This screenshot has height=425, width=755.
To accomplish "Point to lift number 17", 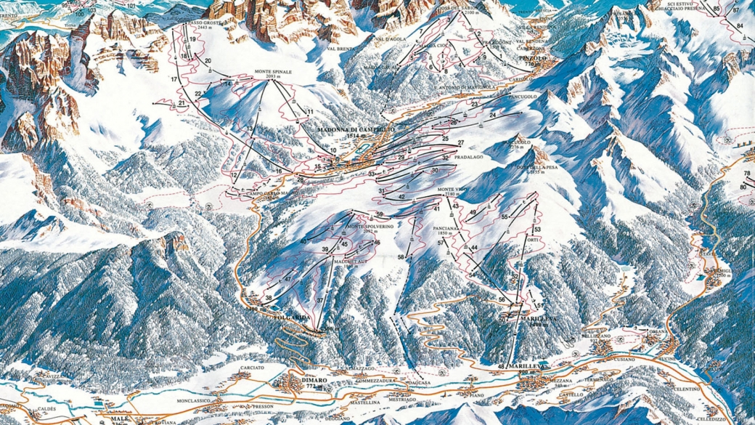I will coord(174,78).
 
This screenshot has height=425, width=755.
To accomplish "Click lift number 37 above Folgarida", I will coord(319,300).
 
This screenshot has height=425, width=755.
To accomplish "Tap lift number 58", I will coord(400,258).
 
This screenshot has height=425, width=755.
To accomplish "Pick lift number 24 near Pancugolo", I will coord(492,116).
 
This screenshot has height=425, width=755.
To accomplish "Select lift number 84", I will coord(740,26).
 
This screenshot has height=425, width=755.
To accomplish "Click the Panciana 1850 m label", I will coord(446,230).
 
